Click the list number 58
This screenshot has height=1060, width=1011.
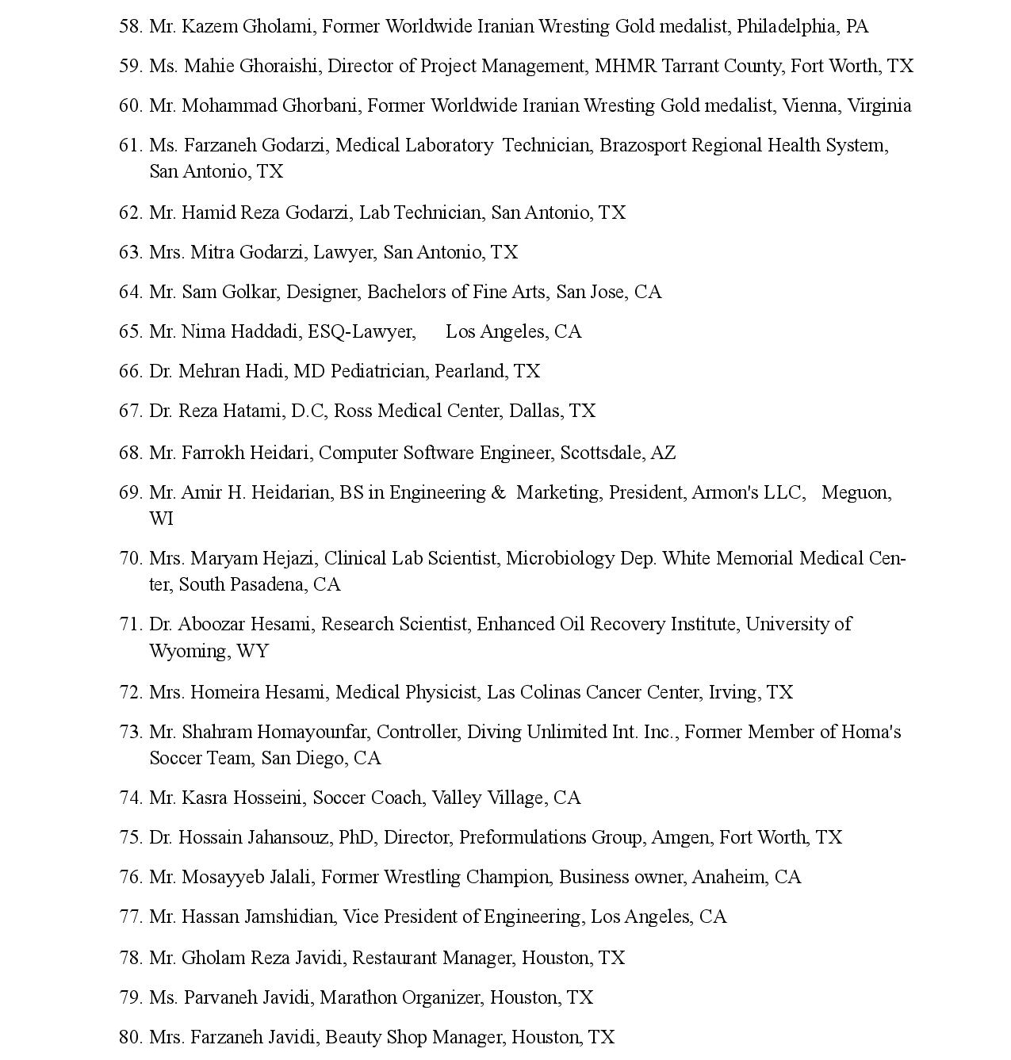coord(130,26)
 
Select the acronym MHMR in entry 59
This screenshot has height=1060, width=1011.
coord(626,66)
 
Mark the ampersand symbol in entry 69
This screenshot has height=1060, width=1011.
coord(498,492)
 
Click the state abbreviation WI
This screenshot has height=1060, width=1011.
coord(161,519)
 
